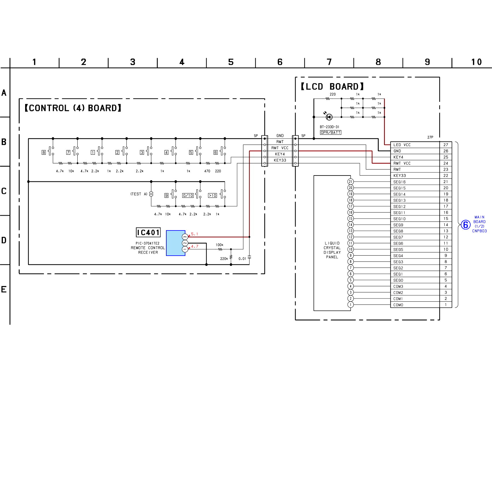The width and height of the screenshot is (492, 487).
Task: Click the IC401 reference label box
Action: click(x=148, y=233)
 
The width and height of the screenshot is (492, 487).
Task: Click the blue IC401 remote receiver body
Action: click(x=175, y=243)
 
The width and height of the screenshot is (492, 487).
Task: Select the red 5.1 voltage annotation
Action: click(x=195, y=234)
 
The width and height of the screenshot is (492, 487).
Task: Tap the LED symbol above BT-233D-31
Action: click(x=329, y=117)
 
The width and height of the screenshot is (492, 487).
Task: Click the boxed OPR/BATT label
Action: click(x=331, y=132)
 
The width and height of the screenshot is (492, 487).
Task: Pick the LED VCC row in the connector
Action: click(x=415, y=145)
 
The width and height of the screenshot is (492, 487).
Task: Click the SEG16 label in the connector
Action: click(x=399, y=182)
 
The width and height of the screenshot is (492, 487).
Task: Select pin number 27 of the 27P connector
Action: click(x=446, y=145)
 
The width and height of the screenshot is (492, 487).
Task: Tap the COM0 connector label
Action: click(x=398, y=305)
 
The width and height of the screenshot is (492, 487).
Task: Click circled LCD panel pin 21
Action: click(x=351, y=182)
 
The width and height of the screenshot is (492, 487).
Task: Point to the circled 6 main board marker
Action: click(x=465, y=225)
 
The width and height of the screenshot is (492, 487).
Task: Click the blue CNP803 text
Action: click(x=479, y=231)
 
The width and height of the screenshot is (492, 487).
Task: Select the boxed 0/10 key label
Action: click(x=188, y=195)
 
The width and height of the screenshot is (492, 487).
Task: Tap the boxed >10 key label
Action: click(x=213, y=195)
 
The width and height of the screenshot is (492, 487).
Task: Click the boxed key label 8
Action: click(x=44, y=152)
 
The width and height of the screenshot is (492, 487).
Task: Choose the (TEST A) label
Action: click(x=139, y=194)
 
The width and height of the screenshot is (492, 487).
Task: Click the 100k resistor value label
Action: click(x=219, y=245)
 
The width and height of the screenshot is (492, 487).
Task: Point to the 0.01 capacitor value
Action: click(x=242, y=259)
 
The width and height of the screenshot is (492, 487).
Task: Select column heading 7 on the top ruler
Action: click(x=329, y=62)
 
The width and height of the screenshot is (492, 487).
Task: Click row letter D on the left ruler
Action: click(x=4, y=240)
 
